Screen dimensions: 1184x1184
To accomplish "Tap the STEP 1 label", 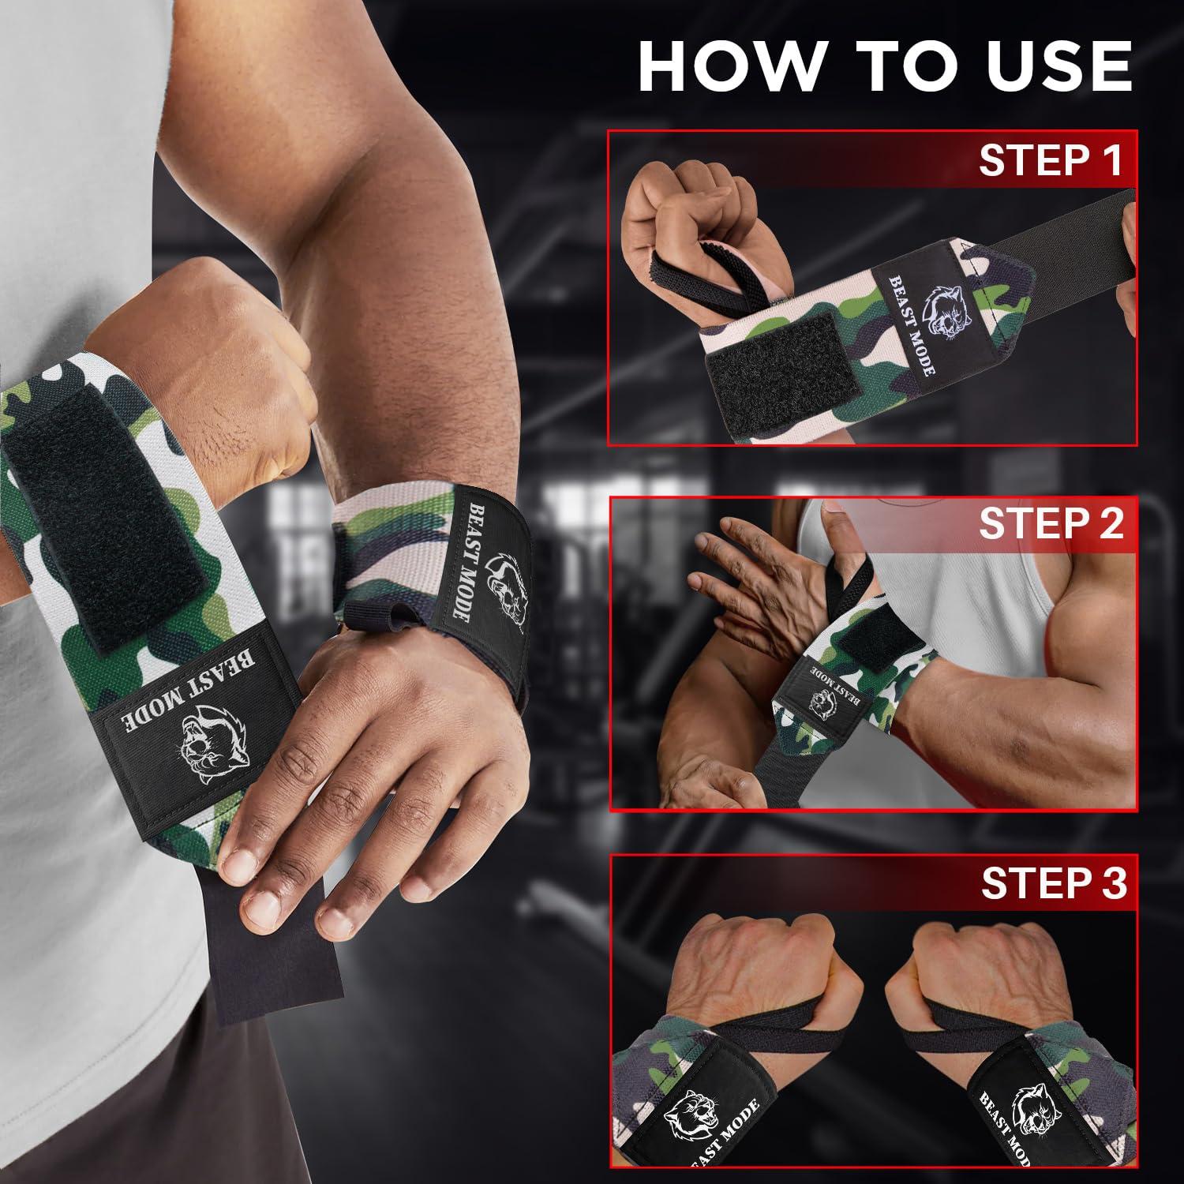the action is [1051, 160].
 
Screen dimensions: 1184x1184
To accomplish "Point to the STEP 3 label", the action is [1053, 883].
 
